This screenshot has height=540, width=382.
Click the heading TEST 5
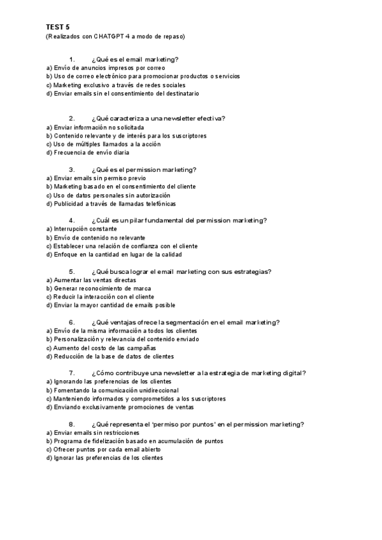[57, 27]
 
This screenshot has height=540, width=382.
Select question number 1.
[72, 59]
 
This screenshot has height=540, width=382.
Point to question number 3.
[72, 169]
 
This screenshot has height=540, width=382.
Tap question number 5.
[72, 271]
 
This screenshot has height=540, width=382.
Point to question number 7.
[72, 373]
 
